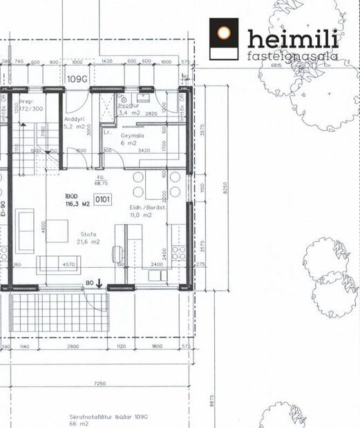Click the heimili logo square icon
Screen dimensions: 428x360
click(x=224, y=39)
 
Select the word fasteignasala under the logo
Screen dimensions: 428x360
click(x=292, y=56)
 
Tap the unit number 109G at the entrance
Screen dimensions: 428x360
click(x=77, y=78)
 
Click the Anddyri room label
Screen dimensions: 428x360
click(x=75, y=118)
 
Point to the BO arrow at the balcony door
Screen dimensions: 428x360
click(x=94, y=282)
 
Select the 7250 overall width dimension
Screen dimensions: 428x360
click(x=101, y=383)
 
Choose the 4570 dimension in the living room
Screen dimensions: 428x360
click(x=69, y=264)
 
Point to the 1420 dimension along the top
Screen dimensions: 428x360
click(x=106, y=62)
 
